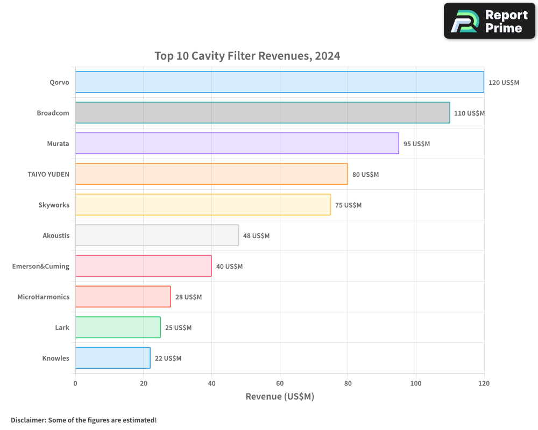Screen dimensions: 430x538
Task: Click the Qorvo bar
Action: click(279, 82)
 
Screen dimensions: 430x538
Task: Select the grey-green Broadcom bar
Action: click(263, 113)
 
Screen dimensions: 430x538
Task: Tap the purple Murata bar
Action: click(237, 144)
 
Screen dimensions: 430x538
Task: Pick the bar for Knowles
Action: click(112, 358)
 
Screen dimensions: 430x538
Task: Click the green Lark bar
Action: click(118, 327)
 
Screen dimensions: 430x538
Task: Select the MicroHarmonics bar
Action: click(123, 297)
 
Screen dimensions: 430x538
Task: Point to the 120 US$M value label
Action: click(504, 83)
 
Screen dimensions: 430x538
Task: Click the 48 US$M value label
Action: click(256, 236)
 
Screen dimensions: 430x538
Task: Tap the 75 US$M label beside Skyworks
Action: click(348, 205)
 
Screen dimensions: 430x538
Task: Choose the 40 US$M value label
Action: click(229, 267)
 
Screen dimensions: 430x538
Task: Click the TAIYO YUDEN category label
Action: click(48, 174)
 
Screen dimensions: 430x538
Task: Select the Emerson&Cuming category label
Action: click(41, 266)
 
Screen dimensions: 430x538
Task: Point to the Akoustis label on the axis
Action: click(56, 235)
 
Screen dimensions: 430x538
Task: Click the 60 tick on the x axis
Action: click(280, 383)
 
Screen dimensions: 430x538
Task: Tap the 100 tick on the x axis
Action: click(416, 383)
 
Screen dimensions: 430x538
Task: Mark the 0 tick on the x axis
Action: click(75, 383)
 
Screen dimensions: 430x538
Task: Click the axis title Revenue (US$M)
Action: click(279, 397)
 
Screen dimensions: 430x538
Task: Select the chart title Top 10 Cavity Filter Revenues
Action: click(247, 56)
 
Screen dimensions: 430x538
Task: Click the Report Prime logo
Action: click(489, 21)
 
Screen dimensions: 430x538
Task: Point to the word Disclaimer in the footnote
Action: click(27, 420)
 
